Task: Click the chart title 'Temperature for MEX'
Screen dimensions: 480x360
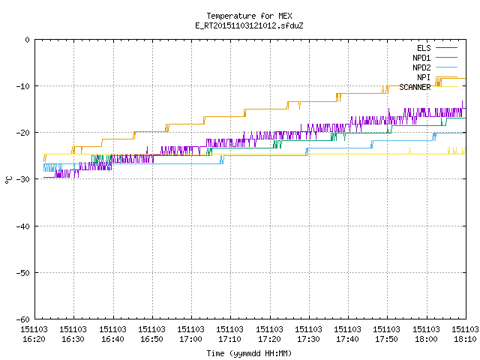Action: tap(249, 16)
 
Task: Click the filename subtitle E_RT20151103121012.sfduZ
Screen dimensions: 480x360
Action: tap(249, 25)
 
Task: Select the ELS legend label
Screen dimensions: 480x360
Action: tap(424, 48)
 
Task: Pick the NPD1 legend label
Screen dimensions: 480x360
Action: tap(421, 58)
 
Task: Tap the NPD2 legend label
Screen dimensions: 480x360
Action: tap(421, 67)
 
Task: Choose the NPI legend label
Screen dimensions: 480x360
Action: tap(424, 77)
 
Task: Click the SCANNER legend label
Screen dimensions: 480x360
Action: tap(415, 87)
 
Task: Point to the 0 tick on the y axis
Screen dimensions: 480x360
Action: tap(28, 40)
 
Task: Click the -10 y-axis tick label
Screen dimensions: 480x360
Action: tap(23, 86)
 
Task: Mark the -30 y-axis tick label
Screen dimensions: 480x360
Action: tap(23, 179)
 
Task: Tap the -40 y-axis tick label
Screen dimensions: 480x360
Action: tap(23, 226)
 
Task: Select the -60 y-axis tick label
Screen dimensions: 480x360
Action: tap(23, 319)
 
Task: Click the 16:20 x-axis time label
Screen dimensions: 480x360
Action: tap(34, 339)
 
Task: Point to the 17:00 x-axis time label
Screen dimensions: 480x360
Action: tap(190, 339)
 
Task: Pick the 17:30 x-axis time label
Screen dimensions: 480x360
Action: tap(308, 339)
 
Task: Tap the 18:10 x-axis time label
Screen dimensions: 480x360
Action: tap(465, 339)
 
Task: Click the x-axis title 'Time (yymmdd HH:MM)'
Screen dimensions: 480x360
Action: tap(249, 353)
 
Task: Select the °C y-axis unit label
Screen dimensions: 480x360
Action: tap(8, 180)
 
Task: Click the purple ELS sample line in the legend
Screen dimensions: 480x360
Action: tap(446, 48)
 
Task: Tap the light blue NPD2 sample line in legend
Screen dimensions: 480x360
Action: tap(446, 67)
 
